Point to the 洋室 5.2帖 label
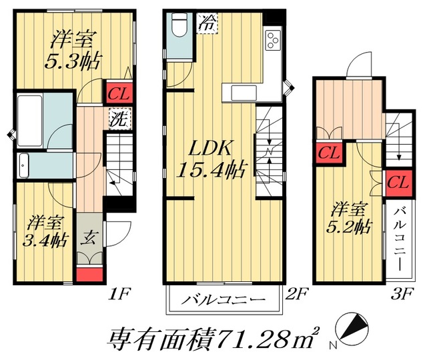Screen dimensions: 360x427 click(x=349, y=218)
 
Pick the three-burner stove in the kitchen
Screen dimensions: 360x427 click(x=274, y=41)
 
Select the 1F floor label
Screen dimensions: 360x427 click(x=118, y=293)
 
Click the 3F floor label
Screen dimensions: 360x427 click(x=404, y=293)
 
